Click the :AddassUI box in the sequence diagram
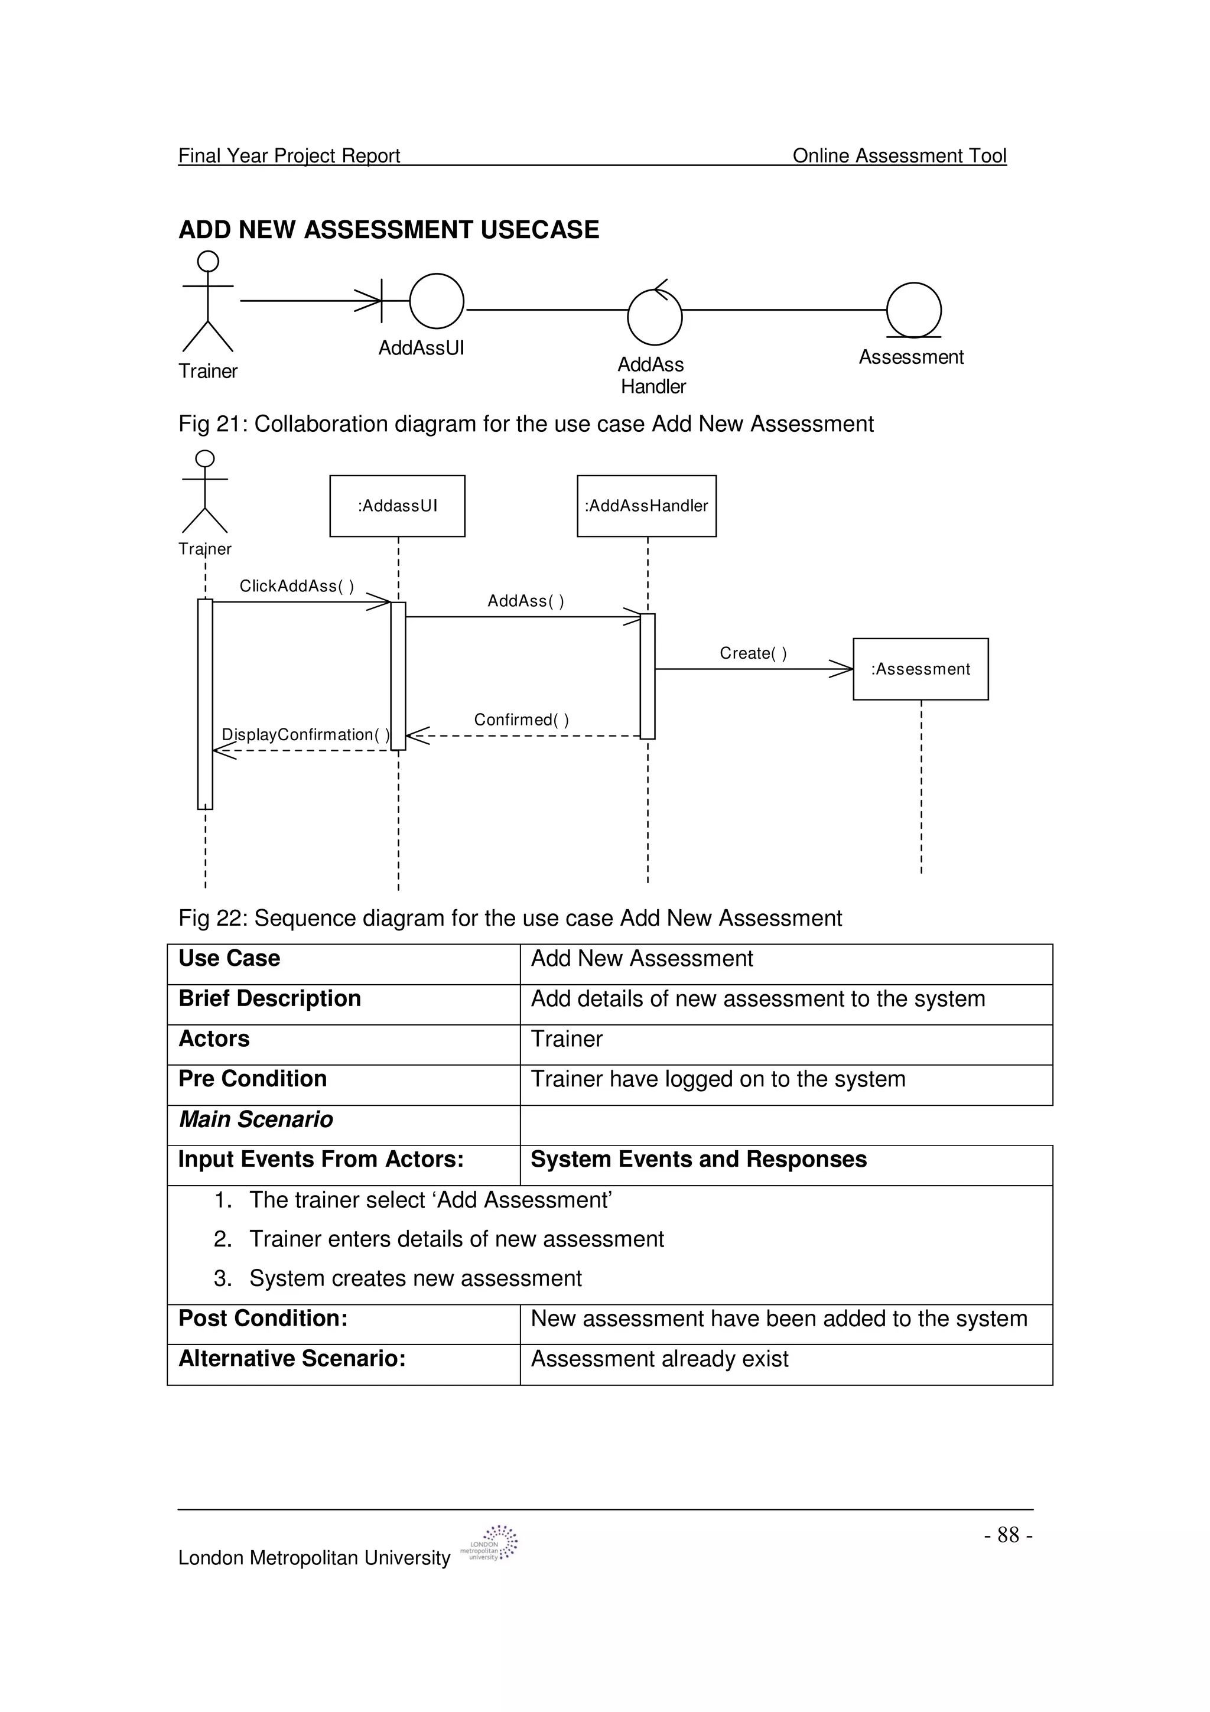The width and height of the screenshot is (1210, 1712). point(398,506)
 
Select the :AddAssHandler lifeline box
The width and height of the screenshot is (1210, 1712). point(646,506)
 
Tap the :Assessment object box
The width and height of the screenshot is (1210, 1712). point(920,669)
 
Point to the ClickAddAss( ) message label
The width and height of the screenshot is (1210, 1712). point(296,586)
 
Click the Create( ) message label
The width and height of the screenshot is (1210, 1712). point(753,653)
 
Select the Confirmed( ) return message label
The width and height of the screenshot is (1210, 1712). point(521,720)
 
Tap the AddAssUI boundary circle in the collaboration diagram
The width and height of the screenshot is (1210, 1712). point(436,301)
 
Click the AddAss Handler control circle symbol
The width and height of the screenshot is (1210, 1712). point(655,317)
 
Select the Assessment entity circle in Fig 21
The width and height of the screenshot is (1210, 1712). point(913,310)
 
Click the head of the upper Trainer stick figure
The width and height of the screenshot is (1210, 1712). point(208,261)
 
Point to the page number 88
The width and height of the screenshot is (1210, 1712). point(1007,1535)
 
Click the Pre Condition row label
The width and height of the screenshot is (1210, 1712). point(253,1078)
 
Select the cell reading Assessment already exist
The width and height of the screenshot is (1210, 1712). point(659,1359)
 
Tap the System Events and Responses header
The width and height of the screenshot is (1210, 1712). point(698,1160)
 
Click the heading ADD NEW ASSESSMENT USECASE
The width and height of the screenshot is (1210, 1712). point(388,230)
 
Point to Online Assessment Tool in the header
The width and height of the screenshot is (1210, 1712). point(899,155)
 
